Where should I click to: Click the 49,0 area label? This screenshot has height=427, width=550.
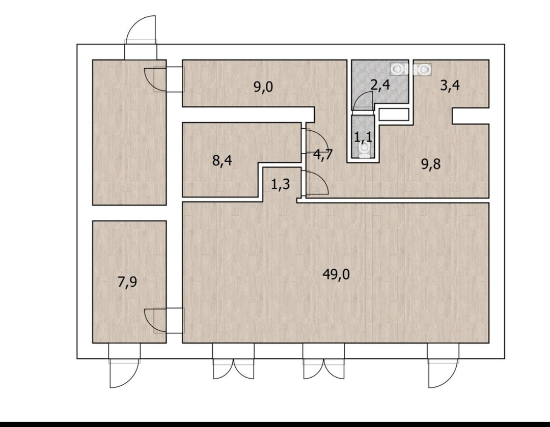[x=336, y=274]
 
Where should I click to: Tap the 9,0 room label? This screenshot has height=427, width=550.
[x=263, y=87]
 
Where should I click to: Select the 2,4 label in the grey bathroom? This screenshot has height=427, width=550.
[x=380, y=85]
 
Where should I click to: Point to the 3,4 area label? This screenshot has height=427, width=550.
[x=450, y=85]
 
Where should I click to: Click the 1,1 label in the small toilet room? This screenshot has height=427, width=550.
[x=363, y=137]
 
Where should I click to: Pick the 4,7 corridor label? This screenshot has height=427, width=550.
[x=322, y=155]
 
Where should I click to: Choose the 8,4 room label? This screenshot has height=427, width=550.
[x=222, y=161]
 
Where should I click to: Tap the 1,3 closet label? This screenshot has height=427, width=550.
[x=281, y=184]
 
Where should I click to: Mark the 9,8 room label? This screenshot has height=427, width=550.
[x=431, y=164]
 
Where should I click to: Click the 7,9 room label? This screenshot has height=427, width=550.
[x=127, y=282]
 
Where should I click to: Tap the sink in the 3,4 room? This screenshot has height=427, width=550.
[x=423, y=69]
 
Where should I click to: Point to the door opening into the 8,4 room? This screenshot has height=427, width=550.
[x=315, y=141]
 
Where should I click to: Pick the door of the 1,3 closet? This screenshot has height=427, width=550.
[x=315, y=183]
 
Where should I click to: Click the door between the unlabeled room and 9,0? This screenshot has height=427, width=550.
[x=164, y=79]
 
